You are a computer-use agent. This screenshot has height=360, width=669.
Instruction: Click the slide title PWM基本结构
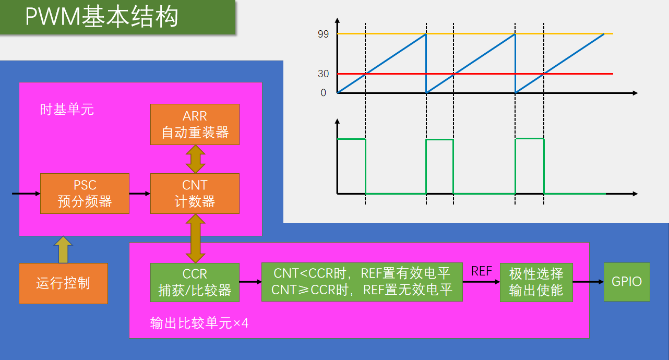[102, 17]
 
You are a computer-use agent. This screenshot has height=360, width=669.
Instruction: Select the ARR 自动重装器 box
[195, 125]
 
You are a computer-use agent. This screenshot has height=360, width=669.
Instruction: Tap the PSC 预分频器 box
[85, 194]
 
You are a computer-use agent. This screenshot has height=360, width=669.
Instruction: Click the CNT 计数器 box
[195, 194]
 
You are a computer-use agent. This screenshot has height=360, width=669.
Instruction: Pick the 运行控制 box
[63, 283]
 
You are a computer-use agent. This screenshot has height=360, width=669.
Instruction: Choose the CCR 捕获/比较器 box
[195, 282]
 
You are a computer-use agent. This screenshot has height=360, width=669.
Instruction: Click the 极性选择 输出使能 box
[536, 282]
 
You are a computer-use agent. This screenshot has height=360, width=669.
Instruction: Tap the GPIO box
[627, 282]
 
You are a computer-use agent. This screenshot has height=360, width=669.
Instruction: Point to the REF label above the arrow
[481, 271]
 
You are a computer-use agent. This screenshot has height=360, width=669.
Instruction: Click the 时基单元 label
[67, 109]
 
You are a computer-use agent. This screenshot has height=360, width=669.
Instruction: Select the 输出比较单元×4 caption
[199, 323]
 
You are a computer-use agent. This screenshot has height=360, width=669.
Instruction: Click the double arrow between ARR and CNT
[195, 159]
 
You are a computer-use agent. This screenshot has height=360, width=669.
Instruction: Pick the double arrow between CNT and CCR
[195, 238]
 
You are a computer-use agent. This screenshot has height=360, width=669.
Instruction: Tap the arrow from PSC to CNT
[140, 194]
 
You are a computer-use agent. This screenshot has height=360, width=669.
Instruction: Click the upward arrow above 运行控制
[63, 250]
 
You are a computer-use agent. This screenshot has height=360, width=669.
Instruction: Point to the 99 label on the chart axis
[323, 34]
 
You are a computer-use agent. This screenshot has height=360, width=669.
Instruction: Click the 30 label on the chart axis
[323, 74]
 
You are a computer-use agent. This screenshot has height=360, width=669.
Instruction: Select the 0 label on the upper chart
[324, 93]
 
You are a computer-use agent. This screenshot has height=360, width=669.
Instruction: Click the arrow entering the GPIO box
[588, 282]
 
